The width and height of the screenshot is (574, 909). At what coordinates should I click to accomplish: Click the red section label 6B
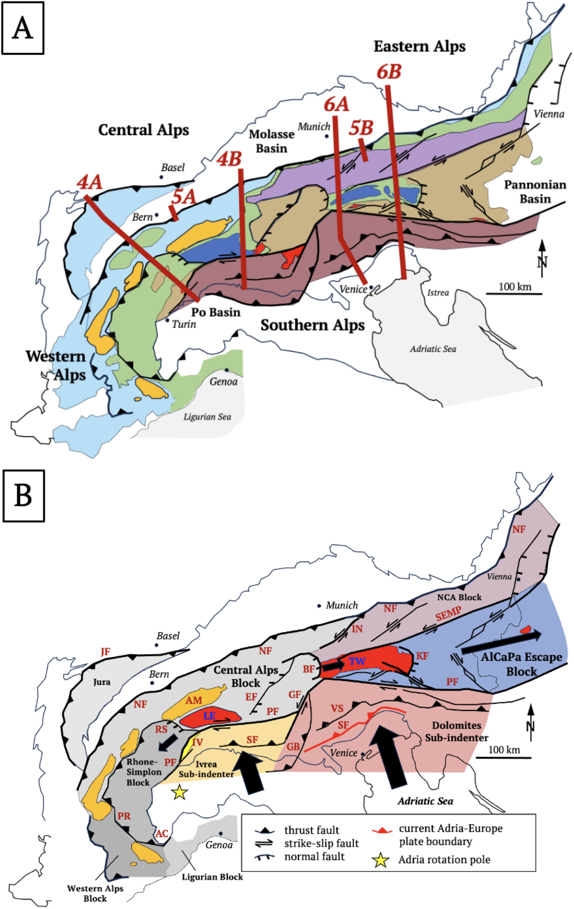[x=389, y=72]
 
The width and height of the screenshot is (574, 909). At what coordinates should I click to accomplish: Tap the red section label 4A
[x=90, y=183]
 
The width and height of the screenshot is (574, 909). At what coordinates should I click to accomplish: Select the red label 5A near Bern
[x=184, y=197]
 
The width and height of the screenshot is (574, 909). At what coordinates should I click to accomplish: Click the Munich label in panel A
[x=314, y=127]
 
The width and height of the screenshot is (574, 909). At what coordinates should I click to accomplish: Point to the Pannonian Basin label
[x=535, y=191]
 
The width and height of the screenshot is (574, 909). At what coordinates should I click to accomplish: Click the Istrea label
[x=438, y=292]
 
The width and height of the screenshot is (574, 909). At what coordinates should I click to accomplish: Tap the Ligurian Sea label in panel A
[x=207, y=417]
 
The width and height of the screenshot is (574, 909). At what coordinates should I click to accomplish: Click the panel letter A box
[x=23, y=28]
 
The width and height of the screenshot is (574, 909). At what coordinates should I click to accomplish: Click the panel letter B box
[x=23, y=496]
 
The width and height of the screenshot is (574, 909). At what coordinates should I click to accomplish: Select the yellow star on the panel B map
[x=180, y=792]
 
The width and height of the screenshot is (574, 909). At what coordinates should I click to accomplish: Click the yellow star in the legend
[x=380, y=860]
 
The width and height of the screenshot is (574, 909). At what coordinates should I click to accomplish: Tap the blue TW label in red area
[x=357, y=661]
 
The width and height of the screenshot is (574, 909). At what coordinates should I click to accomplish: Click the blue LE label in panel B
[x=209, y=716]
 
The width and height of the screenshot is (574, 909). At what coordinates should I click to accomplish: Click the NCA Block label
[x=459, y=597]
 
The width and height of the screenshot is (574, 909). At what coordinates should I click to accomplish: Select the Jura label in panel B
[x=101, y=682]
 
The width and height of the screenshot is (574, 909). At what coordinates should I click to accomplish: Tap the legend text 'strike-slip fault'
[x=321, y=843]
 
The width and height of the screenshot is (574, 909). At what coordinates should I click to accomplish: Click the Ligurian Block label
[x=212, y=877]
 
